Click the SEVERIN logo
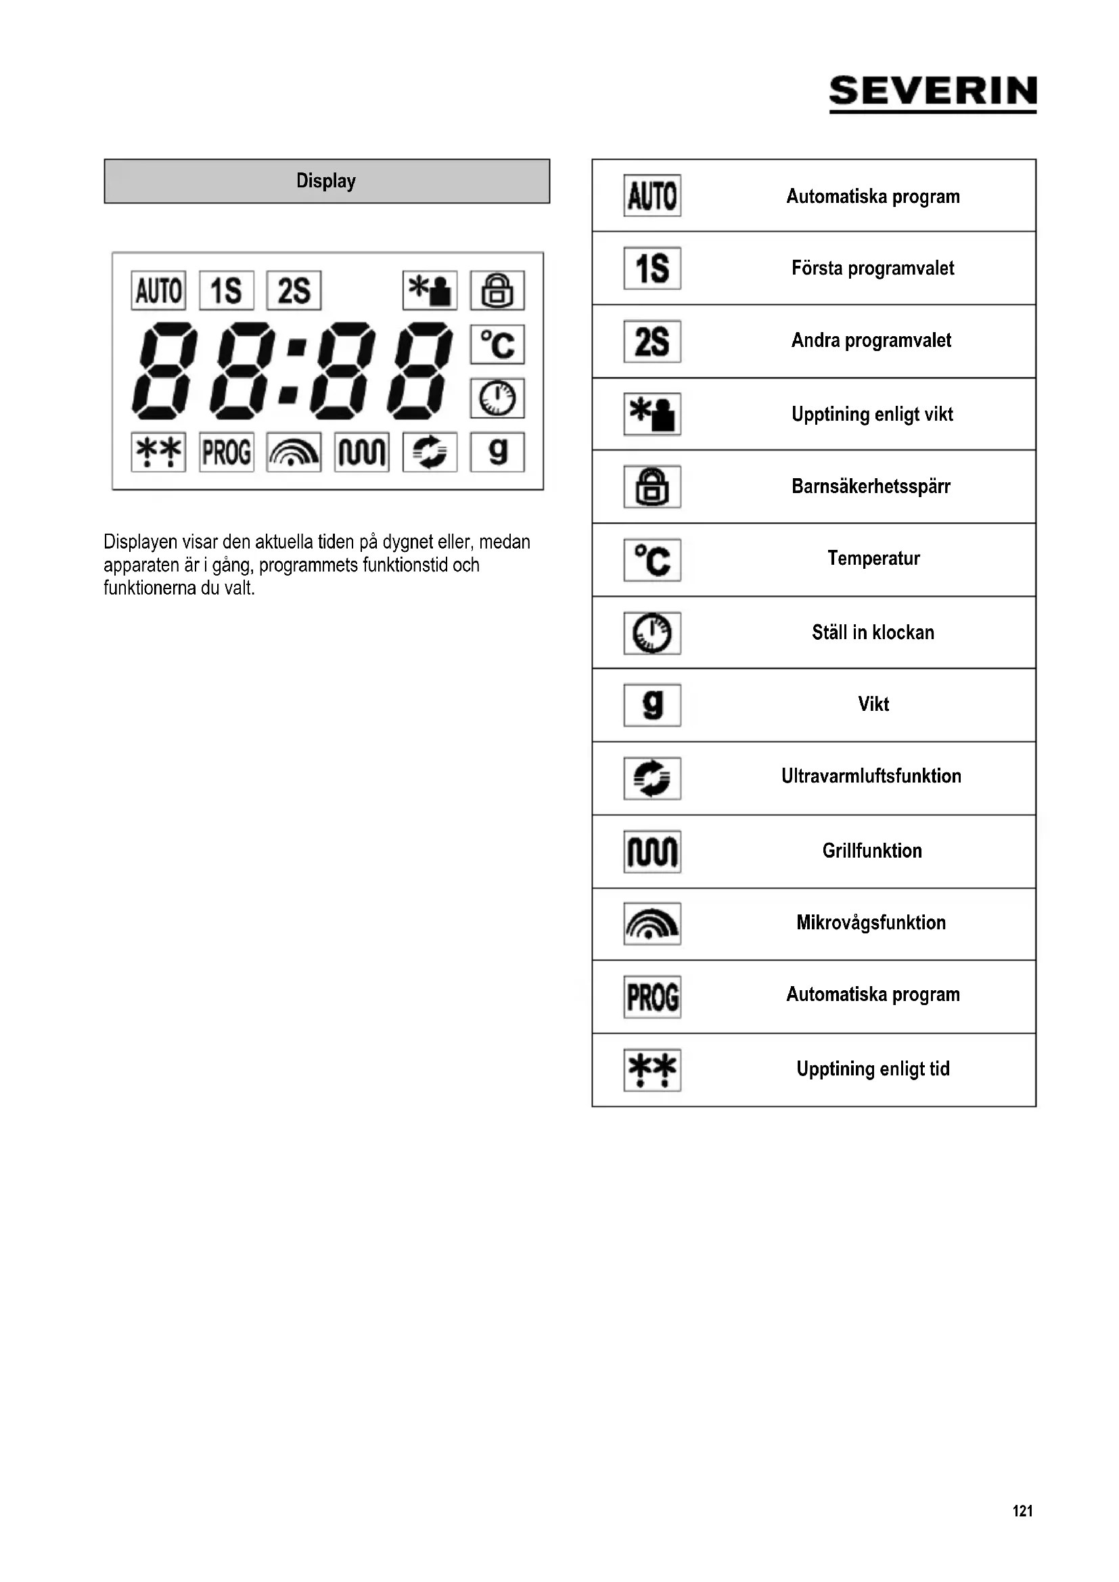932,93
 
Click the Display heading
326,181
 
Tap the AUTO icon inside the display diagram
158,290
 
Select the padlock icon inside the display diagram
497,290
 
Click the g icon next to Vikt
652,705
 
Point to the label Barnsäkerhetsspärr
871,486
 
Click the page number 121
1022,1511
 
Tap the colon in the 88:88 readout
292,371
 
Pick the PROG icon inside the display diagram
226,452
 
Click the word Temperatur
873,558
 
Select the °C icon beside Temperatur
652,559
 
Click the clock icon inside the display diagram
497,398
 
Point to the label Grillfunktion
871,851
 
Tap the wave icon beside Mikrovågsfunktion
652,923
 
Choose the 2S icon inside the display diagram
294,290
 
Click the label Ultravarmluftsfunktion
871,776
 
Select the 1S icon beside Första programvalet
652,268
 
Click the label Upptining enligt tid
873,1069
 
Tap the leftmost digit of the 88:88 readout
164,371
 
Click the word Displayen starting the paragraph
140,542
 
